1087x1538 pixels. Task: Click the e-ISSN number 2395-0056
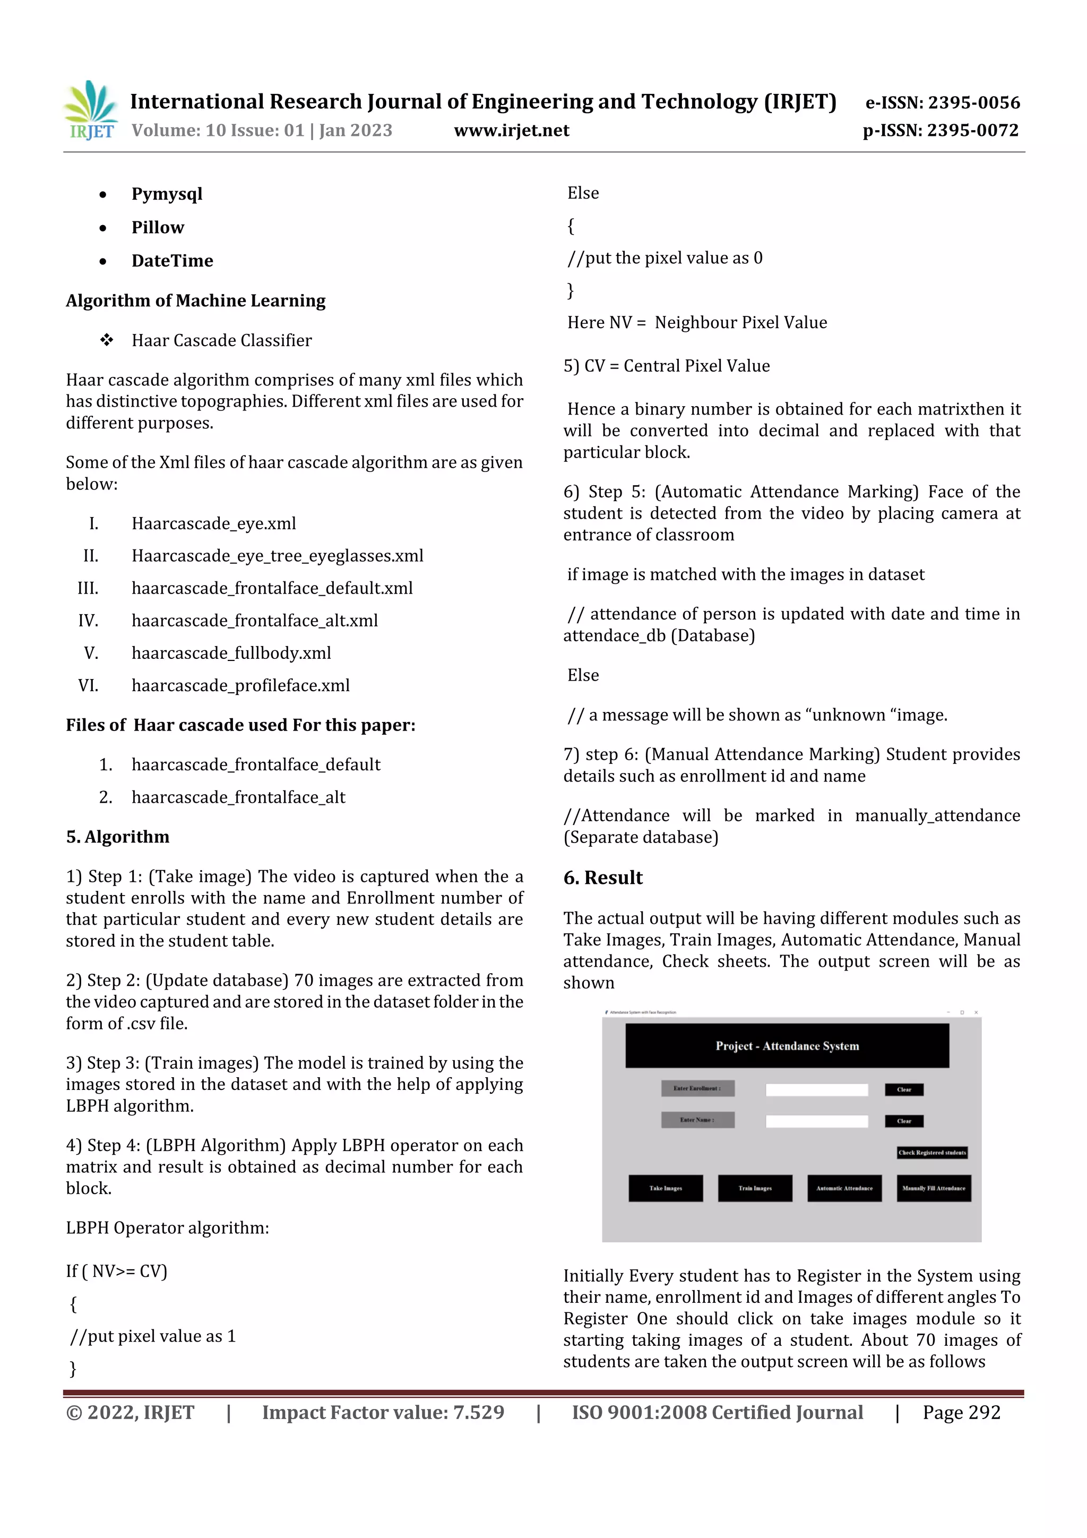(x=942, y=102)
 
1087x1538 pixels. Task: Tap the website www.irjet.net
(x=511, y=131)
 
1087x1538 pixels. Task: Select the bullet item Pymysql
(x=167, y=194)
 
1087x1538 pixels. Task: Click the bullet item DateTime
(x=172, y=261)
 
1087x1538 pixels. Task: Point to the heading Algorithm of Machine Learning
(x=195, y=301)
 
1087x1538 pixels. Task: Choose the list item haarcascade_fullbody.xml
(x=231, y=653)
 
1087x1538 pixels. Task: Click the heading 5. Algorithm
(x=118, y=837)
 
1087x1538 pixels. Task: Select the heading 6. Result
(x=603, y=878)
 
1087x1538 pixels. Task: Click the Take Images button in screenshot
(x=665, y=1188)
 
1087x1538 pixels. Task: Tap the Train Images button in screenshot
(x=755, y=1188)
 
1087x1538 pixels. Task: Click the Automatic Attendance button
(x=844, y=1188)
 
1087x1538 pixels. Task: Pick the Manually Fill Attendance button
(x=934, y=1188)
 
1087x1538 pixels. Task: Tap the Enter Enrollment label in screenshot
(x=697, y=1088)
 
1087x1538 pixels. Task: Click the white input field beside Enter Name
(x=816, y=1121)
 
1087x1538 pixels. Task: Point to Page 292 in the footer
(x=961, y=1412)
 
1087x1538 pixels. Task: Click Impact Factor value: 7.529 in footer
(x=383, y=1412)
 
